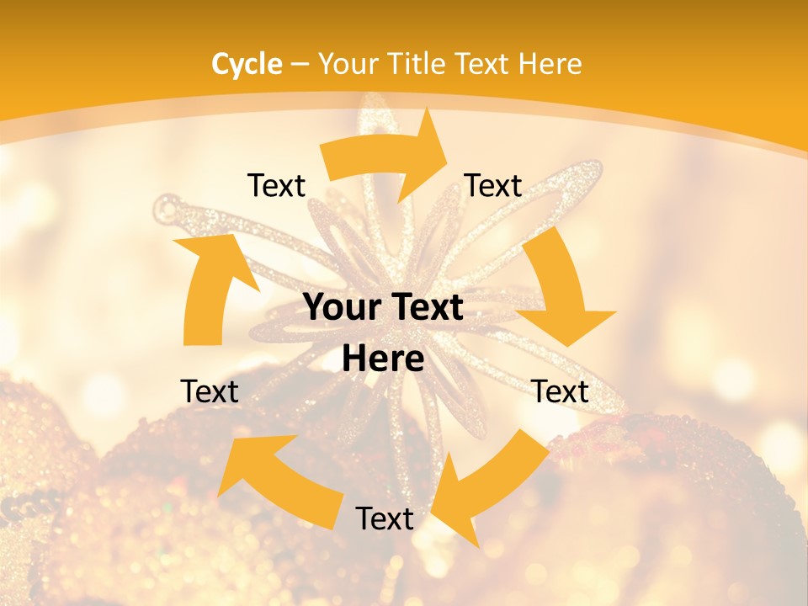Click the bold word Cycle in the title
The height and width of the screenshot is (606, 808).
[x=247, y=64]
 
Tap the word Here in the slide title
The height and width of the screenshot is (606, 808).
[x=550, y=64]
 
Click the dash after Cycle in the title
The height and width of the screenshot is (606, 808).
[x=299, y=65]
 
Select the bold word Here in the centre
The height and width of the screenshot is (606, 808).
[x=383, y=359]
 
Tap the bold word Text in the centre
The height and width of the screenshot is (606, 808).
[x=426, y=308]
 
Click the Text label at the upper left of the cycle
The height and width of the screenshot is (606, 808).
[x=276, y=186]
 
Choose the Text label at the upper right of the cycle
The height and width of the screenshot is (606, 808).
[x=493, y=186]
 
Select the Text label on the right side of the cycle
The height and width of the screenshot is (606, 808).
[x=560, y=391]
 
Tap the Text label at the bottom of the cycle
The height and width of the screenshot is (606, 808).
[x=385, y=519]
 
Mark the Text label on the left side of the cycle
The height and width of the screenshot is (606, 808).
[x=210, y=391]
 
